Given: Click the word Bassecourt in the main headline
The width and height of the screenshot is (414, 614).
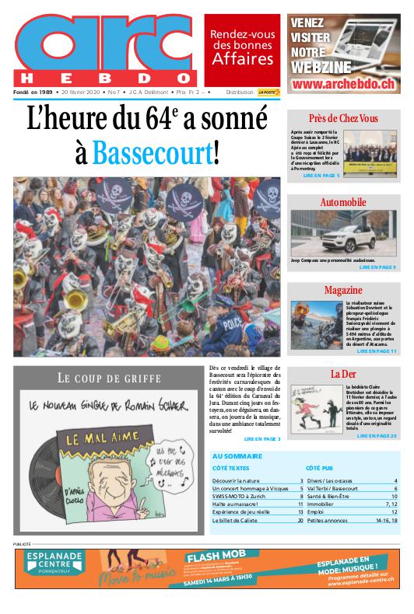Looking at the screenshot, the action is (x=151, y=153).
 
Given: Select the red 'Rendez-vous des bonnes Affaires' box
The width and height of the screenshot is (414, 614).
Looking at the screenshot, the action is (x=242, y=47).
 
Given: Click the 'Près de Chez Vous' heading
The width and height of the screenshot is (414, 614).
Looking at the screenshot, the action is (x=343, y=118).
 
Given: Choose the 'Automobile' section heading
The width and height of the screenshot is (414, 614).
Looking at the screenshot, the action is (x=343, y=203).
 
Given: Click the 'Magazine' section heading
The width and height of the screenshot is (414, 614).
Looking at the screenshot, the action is (x=343, y=290).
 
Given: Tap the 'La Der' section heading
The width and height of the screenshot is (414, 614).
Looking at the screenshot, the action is (x=343, y=374).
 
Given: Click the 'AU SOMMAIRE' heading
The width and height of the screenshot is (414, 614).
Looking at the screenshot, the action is (x=237, y=456).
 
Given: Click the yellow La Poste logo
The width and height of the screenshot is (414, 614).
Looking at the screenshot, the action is (x=268, y=92).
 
